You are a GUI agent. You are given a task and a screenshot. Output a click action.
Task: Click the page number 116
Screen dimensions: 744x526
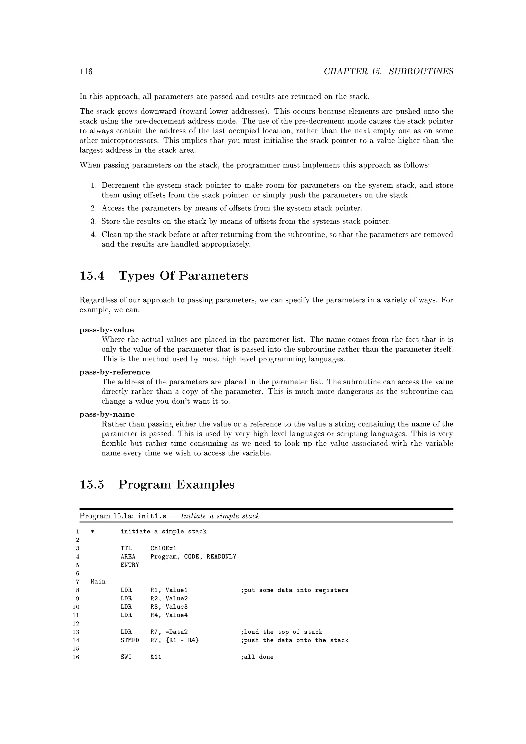tap(86, 71)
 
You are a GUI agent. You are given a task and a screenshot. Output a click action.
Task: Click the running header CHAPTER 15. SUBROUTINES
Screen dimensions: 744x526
tap(388, 71)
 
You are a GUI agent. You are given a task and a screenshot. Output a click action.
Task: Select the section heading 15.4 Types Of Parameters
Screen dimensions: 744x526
tap(164, 275)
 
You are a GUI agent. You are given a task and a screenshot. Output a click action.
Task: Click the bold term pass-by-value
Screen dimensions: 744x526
tap(107, 330)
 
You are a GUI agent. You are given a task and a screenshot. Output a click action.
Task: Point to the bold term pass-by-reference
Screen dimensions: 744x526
tap(115, 372)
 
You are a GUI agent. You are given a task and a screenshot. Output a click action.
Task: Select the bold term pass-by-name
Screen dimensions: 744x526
tap(107, 414)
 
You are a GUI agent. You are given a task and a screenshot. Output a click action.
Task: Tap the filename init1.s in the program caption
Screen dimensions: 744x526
tap(152, 516)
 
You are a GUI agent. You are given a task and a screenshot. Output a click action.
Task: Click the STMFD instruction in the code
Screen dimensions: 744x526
tap(129, 640)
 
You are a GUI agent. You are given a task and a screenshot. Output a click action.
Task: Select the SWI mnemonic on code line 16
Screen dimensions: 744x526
tap(126, 657)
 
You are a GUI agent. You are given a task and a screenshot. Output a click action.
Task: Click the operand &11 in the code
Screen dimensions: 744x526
tap(156, 657)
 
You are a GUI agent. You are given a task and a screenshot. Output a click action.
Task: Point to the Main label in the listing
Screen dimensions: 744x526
tap(98, 582)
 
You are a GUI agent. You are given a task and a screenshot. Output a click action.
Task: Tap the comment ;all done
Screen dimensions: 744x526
tap(257, 657)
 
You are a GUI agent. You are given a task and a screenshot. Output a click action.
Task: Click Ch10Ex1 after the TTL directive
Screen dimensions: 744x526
tap(163, 548)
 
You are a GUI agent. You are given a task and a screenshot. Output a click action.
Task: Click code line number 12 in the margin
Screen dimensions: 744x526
tap(76, 624)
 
